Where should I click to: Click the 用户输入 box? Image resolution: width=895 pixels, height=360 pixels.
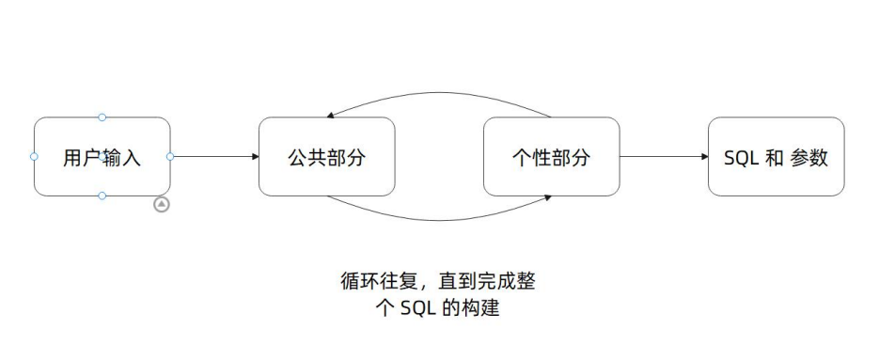coord(102,157)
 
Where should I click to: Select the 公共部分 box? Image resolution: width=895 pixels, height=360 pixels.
coord(326,157)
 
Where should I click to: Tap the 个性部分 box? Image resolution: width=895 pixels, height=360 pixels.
coord(551,157)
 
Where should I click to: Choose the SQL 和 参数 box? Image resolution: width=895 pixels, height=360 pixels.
coord(776,157)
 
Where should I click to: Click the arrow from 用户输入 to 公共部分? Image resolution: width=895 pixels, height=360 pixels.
coord(214,157)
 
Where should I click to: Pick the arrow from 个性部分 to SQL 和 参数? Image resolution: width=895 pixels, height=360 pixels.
coord(663,157)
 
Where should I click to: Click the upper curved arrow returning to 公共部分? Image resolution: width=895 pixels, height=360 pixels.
coord(439,94)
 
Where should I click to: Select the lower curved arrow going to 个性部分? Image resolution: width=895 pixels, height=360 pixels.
coord(439,220)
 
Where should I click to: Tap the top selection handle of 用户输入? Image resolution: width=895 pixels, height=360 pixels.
coord(102,117)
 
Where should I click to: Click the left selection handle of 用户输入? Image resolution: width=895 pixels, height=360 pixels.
coord(34,157)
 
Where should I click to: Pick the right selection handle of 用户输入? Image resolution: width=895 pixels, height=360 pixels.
coord(170,157)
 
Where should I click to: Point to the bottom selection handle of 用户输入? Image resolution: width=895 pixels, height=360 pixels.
coord(102,196)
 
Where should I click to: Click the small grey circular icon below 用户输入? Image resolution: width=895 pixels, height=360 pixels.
coord(162,204)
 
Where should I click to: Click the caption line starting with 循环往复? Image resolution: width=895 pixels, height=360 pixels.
coord(438,281)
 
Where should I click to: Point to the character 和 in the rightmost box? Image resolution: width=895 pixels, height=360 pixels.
coord(774,158)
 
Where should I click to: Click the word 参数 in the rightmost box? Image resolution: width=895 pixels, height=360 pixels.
coord(809,158)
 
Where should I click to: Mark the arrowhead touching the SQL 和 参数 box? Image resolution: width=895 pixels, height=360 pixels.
coord(704,157)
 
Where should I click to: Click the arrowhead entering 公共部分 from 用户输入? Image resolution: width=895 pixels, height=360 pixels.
coord(255,157)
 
